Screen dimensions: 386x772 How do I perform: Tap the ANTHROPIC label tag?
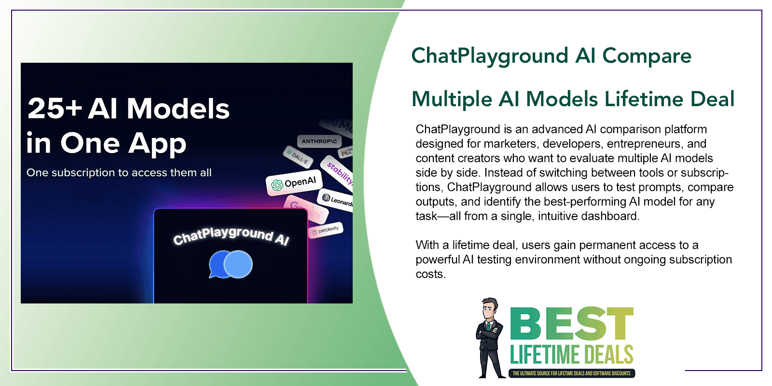point(319,141)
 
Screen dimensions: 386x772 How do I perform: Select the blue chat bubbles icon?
point(231,264)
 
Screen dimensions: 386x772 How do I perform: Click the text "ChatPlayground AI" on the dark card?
point(231,235)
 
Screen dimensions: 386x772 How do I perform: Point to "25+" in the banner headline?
point(54,109)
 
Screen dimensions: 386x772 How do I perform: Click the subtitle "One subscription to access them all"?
point(119,173)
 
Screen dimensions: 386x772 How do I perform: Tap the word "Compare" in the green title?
point(647,56)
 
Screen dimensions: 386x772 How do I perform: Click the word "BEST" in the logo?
point(571,324)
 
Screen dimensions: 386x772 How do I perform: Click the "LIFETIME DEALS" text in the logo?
point(571,355)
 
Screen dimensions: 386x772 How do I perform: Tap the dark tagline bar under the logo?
point(571,373)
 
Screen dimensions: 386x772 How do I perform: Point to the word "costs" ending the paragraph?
point(429,274)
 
